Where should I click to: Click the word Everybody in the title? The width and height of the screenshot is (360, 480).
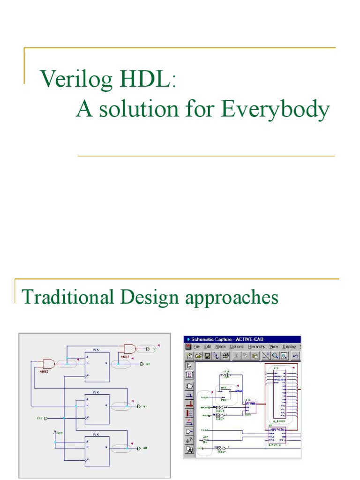tap(276, 110)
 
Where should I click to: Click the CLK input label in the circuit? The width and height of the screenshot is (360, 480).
tap(39, 417)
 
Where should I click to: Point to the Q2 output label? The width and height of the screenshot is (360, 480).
tap(147, 364)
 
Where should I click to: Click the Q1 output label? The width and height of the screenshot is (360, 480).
tap(146, 406)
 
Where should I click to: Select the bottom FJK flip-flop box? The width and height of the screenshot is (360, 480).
tap(97, 450)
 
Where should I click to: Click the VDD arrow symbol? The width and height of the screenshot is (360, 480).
tap(55, 433)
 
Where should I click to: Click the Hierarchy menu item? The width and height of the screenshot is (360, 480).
tap(257, 347)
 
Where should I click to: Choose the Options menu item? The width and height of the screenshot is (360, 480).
tap(237, 347)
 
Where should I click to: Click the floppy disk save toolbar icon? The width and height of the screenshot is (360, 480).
tap(207, 355)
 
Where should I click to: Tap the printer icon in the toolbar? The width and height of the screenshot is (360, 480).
tap(225, 355)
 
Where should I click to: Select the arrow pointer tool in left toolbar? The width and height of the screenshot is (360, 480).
tap(189, 366)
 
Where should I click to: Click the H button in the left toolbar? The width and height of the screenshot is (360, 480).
tap(189, 375)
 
